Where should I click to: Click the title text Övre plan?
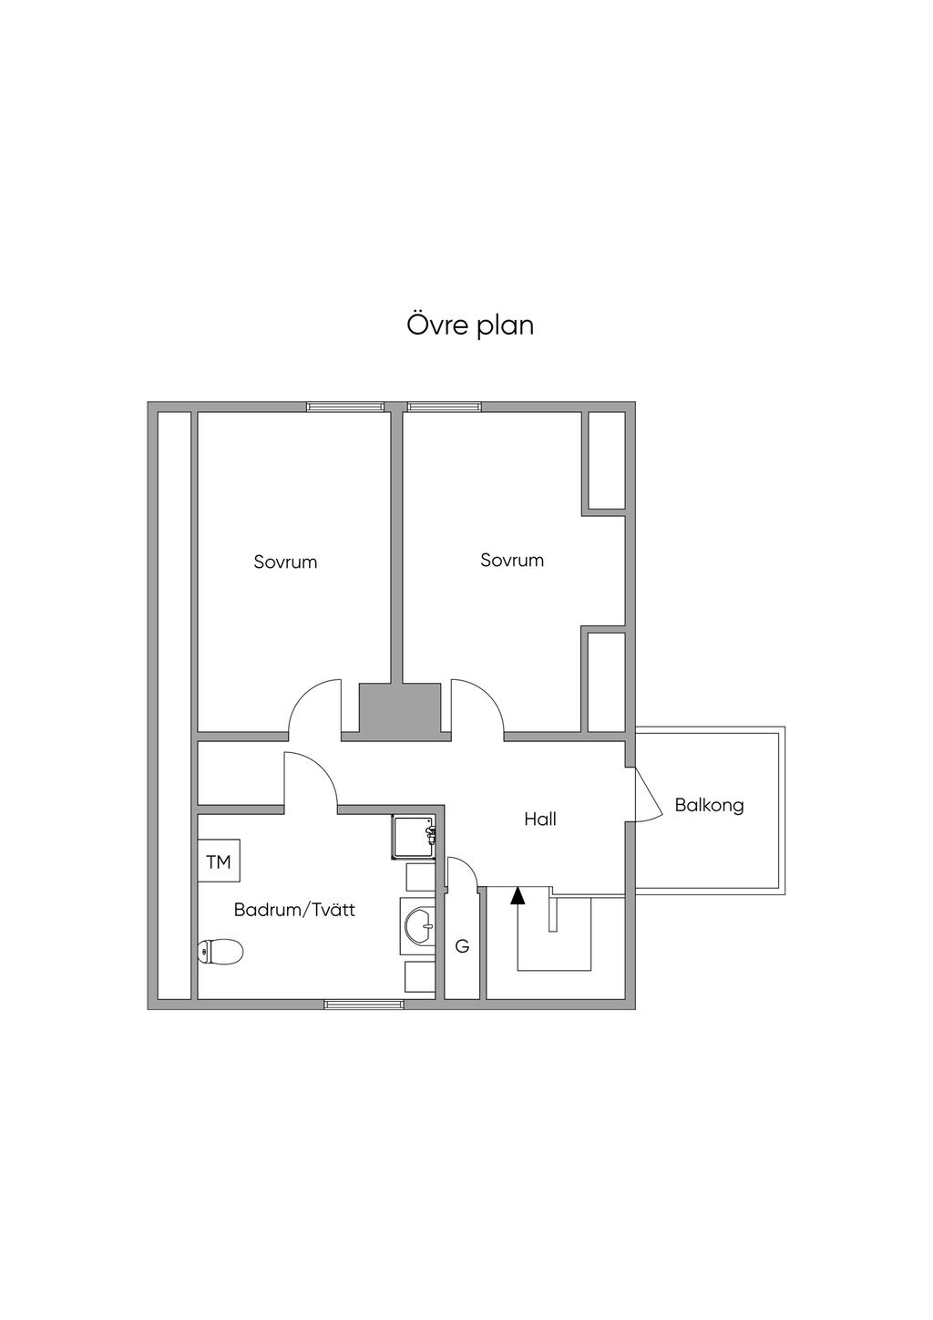[470, 325]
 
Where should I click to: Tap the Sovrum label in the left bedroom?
[285, 562]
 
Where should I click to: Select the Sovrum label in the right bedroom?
[512, 561]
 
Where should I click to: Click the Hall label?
[539, 820]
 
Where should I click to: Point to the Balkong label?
[709, 806]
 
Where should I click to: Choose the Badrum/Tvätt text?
[294, 910]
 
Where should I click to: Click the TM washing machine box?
[219, 861]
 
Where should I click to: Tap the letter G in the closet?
[462, 947]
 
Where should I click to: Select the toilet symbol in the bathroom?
[220, 953]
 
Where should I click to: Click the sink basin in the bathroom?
[420, 926]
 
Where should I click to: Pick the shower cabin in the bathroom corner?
[415, 838]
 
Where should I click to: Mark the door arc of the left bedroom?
[313, 706]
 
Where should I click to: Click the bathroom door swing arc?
[311, 778]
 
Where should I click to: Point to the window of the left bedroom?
[344, 407]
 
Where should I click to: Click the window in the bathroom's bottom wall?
[364, 1005]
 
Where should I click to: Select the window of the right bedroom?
[444, 407]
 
